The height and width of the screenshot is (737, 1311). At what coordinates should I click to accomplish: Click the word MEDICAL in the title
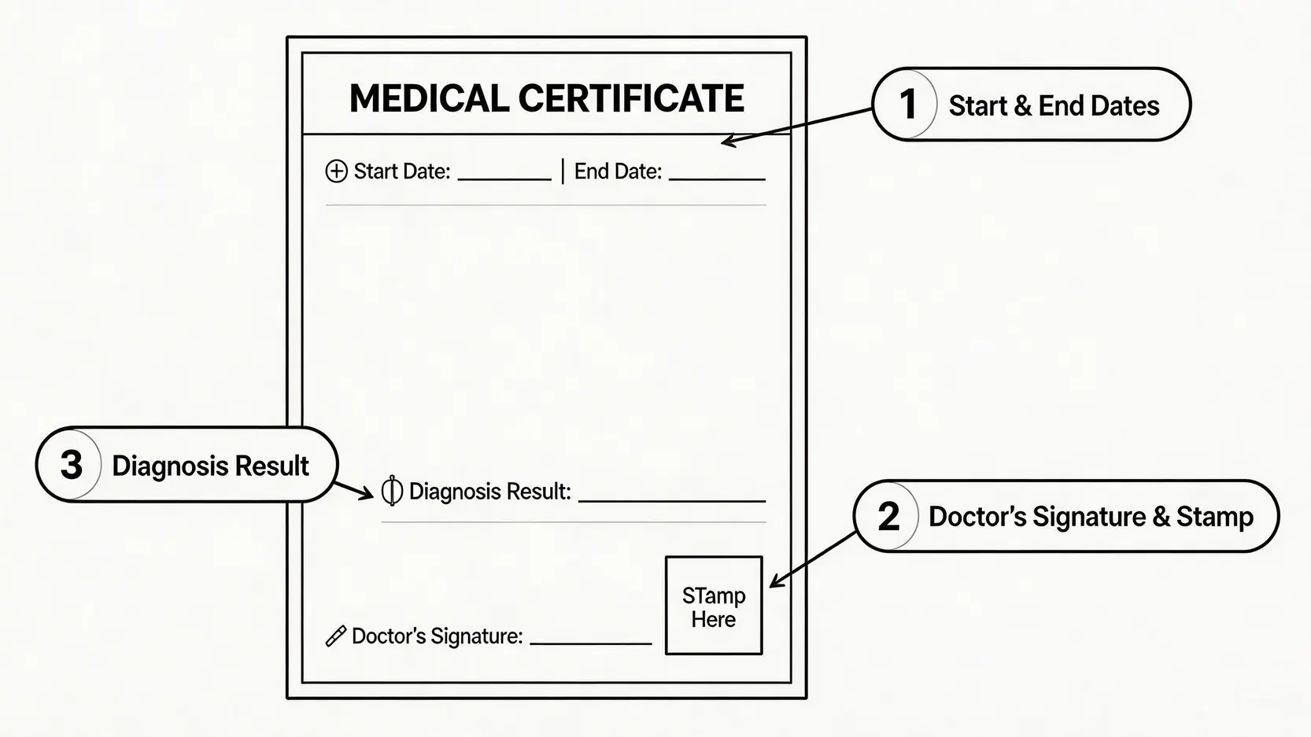429,99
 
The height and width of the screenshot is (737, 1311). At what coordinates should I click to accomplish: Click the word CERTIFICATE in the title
631,99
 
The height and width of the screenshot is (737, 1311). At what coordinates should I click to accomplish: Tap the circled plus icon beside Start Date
336,171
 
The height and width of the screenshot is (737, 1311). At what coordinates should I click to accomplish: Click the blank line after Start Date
504,179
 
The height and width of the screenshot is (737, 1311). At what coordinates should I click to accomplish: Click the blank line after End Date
717,179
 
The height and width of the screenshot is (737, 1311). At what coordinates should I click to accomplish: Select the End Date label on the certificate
618,171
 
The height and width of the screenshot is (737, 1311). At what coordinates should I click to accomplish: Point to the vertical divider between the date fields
563,171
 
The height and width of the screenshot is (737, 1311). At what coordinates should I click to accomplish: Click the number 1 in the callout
907,105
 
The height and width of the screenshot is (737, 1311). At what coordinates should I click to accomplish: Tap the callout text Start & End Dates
1054,105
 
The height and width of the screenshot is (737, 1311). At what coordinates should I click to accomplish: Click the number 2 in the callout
888,517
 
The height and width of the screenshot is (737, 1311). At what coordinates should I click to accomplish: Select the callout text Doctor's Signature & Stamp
1091,517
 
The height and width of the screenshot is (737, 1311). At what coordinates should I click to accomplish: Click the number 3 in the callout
72,465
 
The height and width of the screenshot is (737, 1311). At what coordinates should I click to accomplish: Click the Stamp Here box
714,606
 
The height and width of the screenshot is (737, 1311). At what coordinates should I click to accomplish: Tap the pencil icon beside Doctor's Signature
336,636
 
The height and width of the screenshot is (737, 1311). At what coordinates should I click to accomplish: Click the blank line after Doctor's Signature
591,643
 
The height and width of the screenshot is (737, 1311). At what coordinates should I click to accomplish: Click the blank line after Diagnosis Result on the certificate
672,499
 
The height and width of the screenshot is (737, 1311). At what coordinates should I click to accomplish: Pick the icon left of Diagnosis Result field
391,491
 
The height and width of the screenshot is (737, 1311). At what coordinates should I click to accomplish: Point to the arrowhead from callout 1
727,142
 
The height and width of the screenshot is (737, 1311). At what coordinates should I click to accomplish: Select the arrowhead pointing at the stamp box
774,582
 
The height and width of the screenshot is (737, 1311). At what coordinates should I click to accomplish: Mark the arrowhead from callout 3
367,494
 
